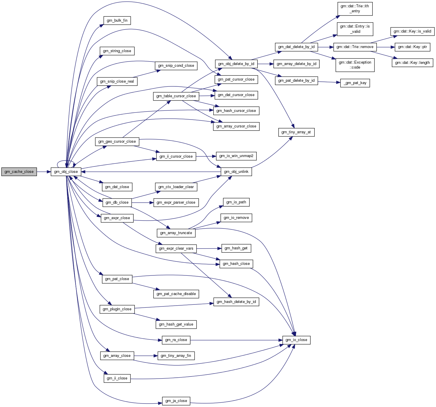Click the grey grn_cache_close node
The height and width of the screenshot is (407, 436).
click(x=19, y=172)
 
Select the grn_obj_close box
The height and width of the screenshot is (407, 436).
click(x=66, y=172)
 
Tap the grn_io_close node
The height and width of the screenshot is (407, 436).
click(x=296, y=340)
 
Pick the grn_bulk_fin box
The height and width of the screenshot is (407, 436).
click(x=117, y=21)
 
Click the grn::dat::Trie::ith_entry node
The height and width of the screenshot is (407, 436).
click(x=355, y=8)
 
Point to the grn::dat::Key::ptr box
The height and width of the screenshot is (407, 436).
click(x=412, y=47)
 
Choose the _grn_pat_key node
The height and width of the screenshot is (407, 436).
click(x=355, y=83)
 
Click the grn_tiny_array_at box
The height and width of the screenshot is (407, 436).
click(x=296, y=132)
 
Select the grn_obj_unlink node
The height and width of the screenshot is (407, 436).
click(x=236, y=172)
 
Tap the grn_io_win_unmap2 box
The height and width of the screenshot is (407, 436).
click(x=236, y=156)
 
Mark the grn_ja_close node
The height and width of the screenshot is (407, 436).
click(x=176, y=401)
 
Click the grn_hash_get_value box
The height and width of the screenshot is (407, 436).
click(x=176, y=324)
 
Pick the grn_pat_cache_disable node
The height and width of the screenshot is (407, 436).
click(x=176, y=294)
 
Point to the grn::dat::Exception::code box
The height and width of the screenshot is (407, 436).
click(x=355, y=65)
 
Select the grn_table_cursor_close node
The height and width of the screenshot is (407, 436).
click(x=176, y=96)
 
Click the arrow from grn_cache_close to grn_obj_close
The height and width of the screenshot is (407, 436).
click(x=44, y=172)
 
